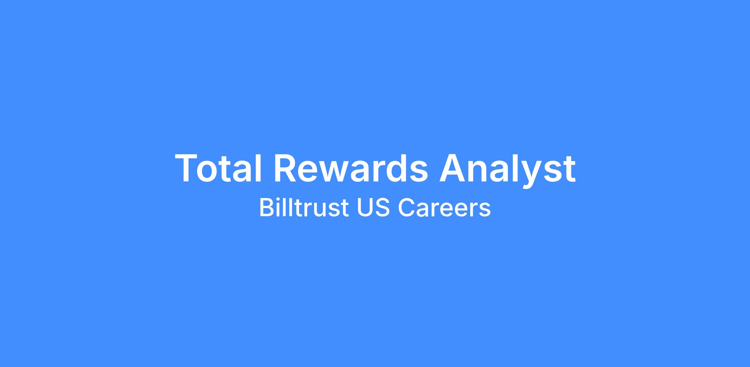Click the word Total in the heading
218,168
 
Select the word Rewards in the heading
351,168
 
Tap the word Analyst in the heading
507,171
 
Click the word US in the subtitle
373,207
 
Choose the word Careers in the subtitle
444,207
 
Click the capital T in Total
187,168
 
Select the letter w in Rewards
336,172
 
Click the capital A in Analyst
452,168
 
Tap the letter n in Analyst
479,171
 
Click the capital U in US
365,207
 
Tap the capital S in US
382,207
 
